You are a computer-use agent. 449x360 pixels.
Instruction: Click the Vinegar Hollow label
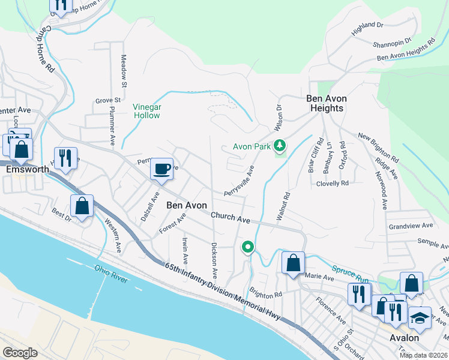(147, 111)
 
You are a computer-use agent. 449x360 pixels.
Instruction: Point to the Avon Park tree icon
(279, 146)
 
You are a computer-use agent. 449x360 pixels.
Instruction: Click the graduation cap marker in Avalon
(420, 319)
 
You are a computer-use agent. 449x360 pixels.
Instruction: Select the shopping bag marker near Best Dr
(82, 206)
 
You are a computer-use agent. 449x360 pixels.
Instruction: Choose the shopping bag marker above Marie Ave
(292, 263)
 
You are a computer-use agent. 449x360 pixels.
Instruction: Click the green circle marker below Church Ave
(247, 247)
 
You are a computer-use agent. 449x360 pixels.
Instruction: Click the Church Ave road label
(231, 217)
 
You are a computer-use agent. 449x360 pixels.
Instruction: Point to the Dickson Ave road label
(214, 260)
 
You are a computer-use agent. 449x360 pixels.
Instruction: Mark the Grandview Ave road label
(411, 226)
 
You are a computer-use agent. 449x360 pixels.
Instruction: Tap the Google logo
(20, 352)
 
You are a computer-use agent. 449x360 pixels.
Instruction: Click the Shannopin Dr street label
(391, 43)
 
